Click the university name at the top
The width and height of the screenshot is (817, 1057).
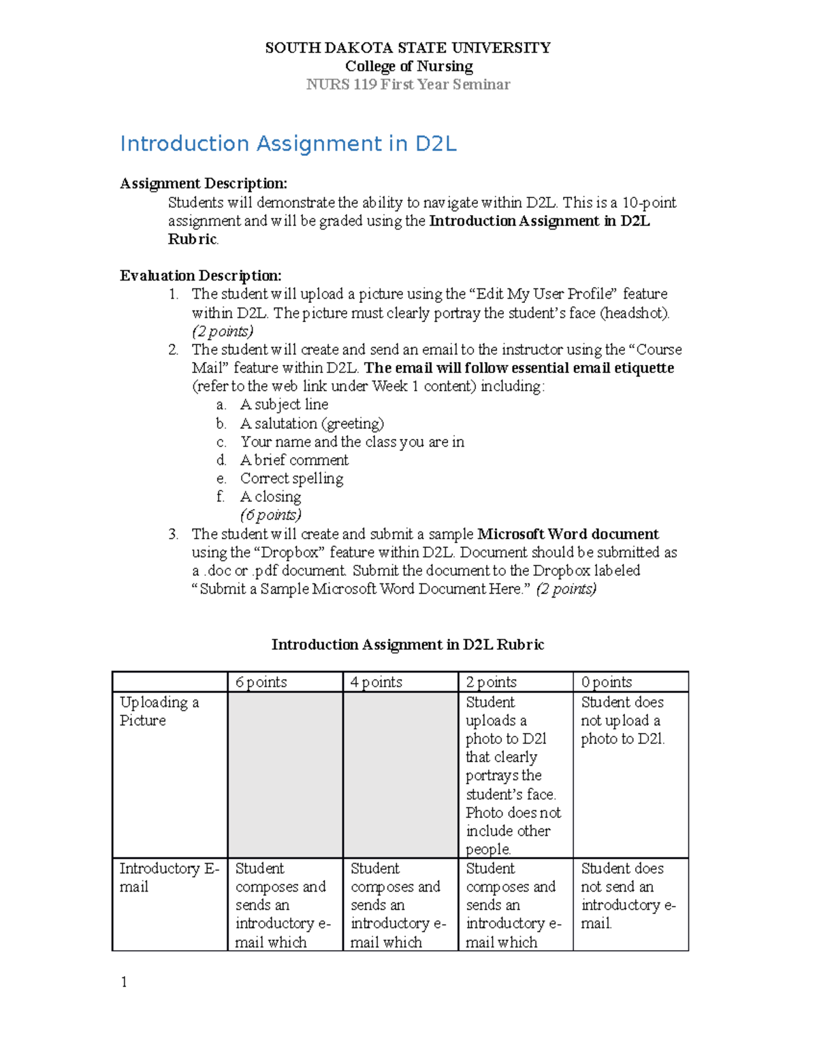point(408,48)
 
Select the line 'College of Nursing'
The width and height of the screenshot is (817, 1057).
point(408,66)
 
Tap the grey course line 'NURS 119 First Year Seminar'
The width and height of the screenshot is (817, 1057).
point(408,84)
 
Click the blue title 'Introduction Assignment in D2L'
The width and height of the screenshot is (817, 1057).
point(288,144)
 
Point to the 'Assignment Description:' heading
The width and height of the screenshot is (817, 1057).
point(204,184)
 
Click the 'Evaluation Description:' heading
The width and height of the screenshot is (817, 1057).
point(201,276)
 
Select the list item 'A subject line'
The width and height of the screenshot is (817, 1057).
point(284,405)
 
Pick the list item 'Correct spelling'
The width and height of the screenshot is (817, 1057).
point(291,478)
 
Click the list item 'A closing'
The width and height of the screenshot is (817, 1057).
point(270,497)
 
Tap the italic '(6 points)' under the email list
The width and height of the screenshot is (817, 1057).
point(270,515)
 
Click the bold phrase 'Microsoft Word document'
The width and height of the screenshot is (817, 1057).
point(568,534)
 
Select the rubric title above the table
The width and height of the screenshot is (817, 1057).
point(408,645)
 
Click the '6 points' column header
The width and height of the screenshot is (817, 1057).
point(261,682)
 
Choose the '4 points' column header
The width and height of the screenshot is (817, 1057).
point(377,682)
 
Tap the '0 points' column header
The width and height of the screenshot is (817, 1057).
point(607,682)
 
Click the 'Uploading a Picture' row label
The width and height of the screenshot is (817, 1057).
point(159,711)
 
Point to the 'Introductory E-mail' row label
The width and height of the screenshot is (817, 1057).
point(169,877)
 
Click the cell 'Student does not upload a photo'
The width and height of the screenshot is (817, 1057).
point(622,721)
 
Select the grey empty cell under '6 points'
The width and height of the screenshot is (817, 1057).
point(285,775)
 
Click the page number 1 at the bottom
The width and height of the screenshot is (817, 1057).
point(124,981)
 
